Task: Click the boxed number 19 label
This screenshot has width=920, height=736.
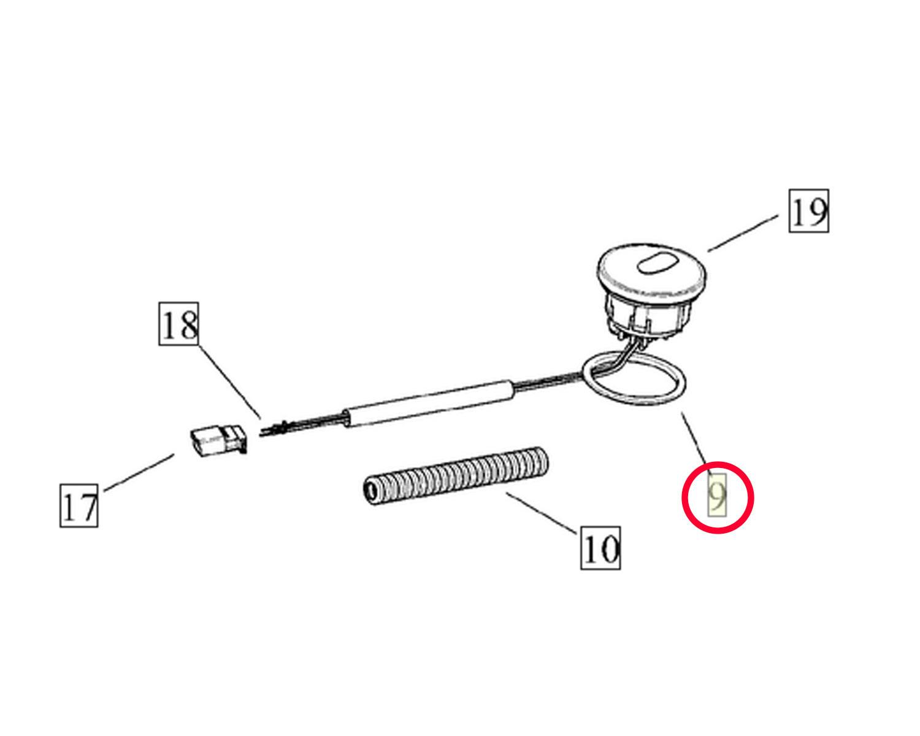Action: [808, 211]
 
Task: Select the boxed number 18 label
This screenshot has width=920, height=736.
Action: [178, 324]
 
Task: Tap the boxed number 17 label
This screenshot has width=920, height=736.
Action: [79, 505]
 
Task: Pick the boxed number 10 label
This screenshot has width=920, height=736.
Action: [600, 548]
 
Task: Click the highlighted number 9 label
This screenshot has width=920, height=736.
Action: [717, 495]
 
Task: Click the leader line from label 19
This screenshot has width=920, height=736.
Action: [743, 234]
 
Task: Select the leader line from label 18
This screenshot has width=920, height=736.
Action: [230, 382]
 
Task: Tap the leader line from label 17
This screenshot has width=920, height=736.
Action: [139, 472]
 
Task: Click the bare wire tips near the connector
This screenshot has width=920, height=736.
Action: [274, 429]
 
